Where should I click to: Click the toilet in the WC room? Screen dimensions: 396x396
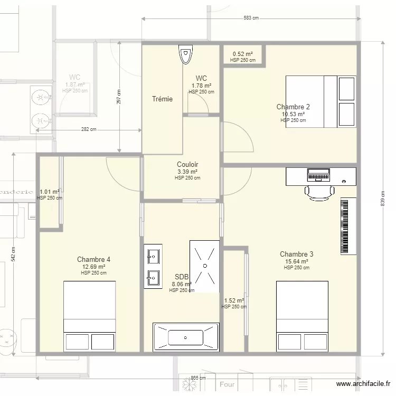click(186, 55)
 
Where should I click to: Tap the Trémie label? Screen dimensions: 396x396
click(162, 99)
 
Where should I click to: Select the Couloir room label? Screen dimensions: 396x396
click(187, 165)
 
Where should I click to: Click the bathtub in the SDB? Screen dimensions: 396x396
click(185, 336)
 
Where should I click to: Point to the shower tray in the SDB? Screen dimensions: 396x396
click(204, 266)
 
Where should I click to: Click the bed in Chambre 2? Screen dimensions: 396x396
click(320, 101)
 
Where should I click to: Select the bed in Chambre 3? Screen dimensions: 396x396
click(303, 315)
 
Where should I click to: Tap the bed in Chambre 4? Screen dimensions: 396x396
click(89, 315)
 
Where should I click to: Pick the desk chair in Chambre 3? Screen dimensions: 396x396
click(319, 193)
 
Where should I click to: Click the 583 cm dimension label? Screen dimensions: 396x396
click(251, 18)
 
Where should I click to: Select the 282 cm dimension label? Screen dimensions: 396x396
click(89, 129)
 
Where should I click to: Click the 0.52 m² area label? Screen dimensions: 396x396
click(242, 54)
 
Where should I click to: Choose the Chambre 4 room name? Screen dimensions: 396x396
click(93, 259)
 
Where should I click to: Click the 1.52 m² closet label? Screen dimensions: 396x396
click(233, 300)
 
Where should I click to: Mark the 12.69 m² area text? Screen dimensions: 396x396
click(93, 267)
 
